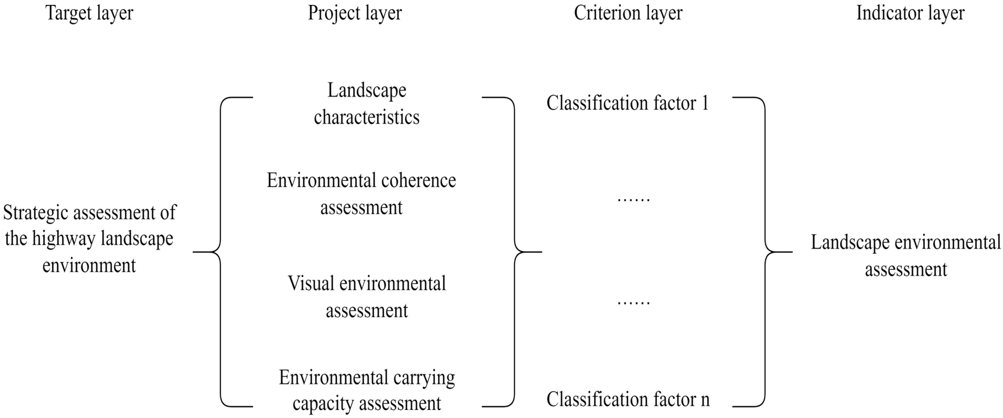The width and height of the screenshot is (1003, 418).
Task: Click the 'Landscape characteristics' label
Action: click(x=367, y=104)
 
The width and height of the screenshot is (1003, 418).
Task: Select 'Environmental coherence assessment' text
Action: click(x=361, y=194)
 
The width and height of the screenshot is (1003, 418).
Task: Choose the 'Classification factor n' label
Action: click(x=628, y=399)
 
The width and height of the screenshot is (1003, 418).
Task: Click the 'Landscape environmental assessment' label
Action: click(x=906, y=255)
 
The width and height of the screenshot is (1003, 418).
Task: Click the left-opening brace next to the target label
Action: click(x=220, y=252)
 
